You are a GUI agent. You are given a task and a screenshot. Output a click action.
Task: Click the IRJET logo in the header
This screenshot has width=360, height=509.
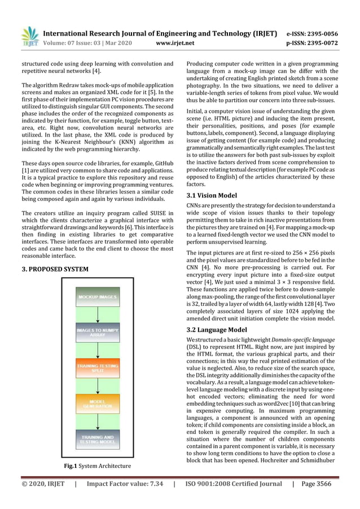coord(29,36)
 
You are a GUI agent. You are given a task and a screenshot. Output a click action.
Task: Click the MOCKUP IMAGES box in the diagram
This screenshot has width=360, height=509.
coord(98,297)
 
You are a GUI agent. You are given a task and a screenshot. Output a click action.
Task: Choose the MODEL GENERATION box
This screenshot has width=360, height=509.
coord(98,403)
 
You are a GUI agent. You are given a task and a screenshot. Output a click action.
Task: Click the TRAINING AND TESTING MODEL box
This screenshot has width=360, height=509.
coord(98,439)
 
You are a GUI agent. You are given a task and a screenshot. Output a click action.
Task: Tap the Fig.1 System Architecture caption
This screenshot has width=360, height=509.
coord(98,466)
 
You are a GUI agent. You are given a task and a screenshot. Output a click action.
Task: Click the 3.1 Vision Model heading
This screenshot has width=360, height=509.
coord(212,195)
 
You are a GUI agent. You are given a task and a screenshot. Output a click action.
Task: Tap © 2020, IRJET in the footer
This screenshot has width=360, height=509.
coord(43,484)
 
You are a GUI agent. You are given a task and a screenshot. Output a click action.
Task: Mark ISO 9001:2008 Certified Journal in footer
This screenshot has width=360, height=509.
coord(234,484)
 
